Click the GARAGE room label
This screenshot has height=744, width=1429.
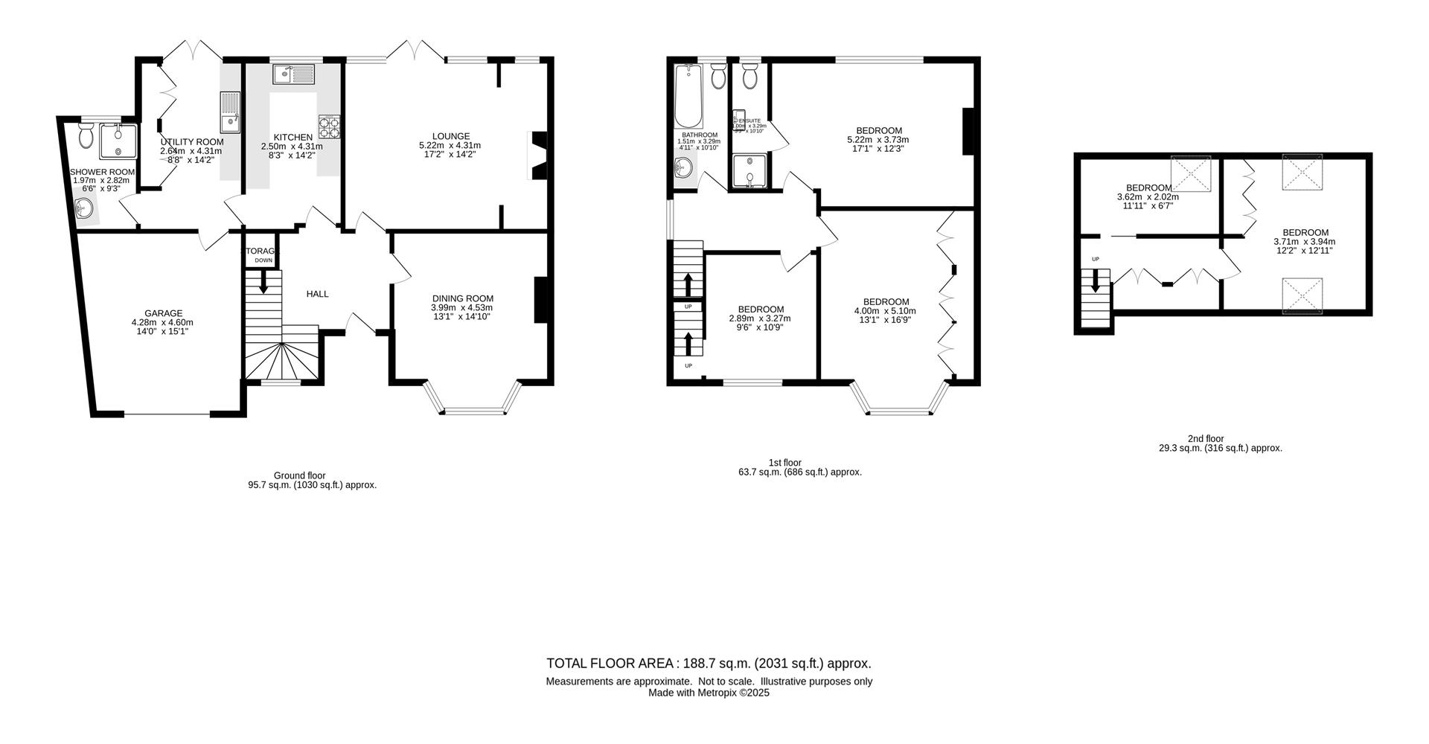pos(163,313)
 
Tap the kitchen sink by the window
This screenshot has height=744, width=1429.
pos(295,74)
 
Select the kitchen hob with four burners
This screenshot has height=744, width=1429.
pos(330,127)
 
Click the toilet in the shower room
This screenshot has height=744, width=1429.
pos(86,135)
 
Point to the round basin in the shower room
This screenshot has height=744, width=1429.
pos(86,210)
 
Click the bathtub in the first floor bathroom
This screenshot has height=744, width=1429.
pos(688,97)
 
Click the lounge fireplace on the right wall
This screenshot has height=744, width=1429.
pos(537,155)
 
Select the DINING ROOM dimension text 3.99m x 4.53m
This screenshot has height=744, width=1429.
pos(461,307)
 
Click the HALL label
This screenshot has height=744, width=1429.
pos(317,294)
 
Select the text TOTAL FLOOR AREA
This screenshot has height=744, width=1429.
pos(610,664)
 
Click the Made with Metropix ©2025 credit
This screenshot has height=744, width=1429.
pos(709,693)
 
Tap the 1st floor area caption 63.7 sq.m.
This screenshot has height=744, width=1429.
pos(799,472)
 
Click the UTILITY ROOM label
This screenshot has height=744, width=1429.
pos(191,142)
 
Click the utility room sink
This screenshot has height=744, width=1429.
pos(229,112)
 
